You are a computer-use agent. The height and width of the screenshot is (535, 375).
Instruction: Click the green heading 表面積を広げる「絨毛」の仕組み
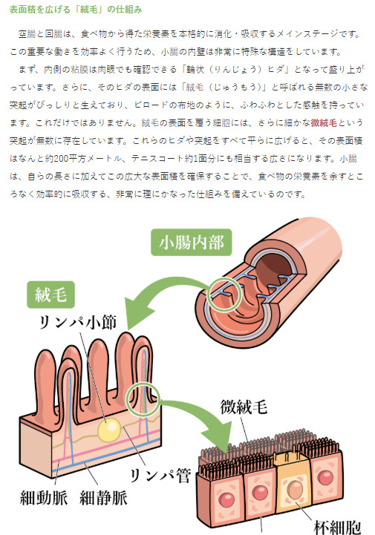click(76, 10)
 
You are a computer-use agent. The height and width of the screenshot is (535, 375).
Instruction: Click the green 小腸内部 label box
click(192, 242)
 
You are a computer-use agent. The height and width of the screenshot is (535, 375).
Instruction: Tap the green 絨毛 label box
click(51, 295)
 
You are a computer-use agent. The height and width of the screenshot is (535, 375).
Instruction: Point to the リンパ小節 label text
click(78, 323)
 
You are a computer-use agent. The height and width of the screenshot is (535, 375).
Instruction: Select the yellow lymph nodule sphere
click(109, 429)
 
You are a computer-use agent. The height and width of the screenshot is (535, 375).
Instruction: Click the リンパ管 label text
click(160, 476)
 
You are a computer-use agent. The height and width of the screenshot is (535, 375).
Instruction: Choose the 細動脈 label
click(44, 498)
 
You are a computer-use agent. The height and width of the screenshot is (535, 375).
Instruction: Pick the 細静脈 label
click(103, 498)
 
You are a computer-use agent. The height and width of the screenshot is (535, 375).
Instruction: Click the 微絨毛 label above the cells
click(244, 407)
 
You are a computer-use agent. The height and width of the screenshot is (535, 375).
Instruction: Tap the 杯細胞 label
click(337, 527)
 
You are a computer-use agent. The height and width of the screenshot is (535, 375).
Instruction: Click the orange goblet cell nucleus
click(294, 489)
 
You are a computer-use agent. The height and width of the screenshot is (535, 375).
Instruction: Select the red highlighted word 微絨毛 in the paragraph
click(324, 123)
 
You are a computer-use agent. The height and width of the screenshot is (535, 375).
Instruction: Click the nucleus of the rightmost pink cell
click(325, 478)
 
